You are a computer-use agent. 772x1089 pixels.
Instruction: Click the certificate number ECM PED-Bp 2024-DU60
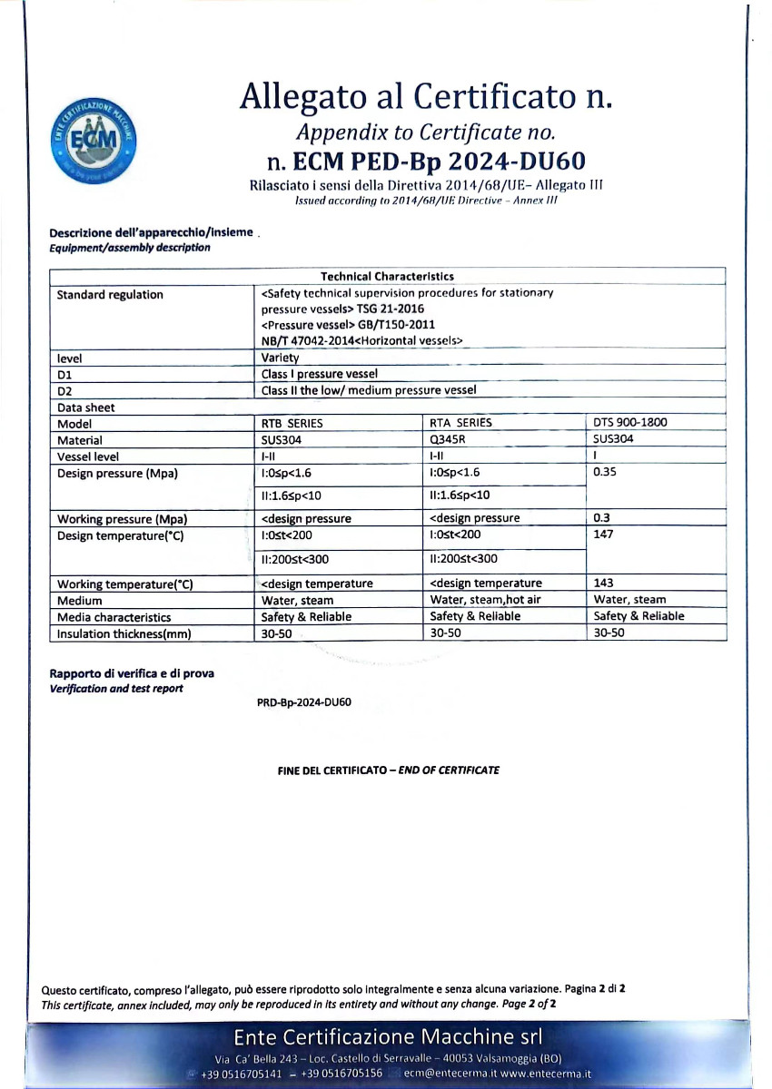pos(426,162)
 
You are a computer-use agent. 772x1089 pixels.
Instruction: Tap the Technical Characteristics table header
pos(387,277)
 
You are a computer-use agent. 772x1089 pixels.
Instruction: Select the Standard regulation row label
pos(110,294)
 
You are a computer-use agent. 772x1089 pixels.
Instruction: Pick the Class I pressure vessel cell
pos(319,374)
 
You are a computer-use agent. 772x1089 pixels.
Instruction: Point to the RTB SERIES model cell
pos(292,423)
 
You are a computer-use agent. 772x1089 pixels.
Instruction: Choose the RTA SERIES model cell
pos(460,423)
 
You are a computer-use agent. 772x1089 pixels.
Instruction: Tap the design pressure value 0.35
pos(605,473)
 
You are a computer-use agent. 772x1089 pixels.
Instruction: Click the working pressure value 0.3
pos(601,518)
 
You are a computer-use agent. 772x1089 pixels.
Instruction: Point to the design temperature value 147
pos(603,535)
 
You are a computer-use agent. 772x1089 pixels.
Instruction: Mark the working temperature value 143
pos(603,583)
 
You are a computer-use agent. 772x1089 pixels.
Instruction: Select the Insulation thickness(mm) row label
pos(124,634)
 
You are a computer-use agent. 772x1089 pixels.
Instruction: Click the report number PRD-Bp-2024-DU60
pos(304,702)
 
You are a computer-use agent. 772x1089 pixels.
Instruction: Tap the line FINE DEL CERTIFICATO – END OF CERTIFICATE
pos(388,770)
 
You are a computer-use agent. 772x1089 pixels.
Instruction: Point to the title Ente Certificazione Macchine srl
pos(388,1037)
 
